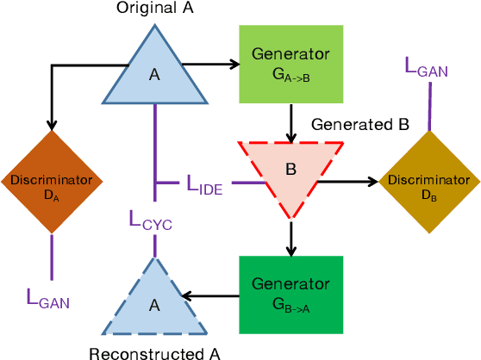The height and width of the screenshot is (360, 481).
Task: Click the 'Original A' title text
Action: click(154, 9)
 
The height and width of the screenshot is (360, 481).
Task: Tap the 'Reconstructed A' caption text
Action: click(154, 351)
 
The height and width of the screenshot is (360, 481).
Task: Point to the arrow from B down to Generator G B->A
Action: click(291, 239)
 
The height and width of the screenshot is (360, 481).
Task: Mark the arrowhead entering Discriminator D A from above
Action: click(52, 125)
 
